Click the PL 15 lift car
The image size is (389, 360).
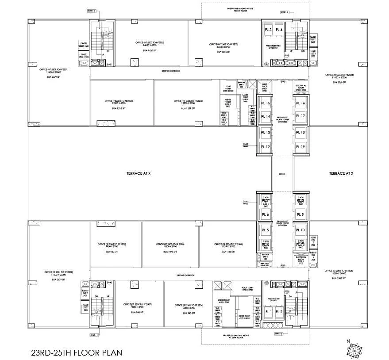[x=265, y=103]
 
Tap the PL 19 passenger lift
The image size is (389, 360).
[x=300, y=147]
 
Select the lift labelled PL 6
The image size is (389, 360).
[x=265, y=215]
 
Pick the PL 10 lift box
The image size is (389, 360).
[x=300, y=230]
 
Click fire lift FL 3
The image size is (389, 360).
[x=268, y=30]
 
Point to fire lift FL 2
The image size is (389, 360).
[x=279, y=312]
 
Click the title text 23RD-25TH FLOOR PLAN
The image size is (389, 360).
[x=73, y=353]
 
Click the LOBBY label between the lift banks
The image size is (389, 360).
[x=282, y=174]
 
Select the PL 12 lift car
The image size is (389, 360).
[x=265, y=147]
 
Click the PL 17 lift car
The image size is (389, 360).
[x=300, y=116]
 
